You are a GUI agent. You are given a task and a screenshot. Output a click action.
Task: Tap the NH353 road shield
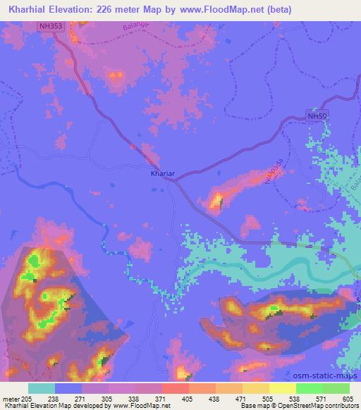tap(51, 25)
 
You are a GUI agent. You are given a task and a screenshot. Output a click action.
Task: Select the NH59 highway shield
tap(318, 114)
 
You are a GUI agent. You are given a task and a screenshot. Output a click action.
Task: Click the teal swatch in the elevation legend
tap(42, 388)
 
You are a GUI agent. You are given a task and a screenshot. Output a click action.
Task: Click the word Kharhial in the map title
tap(30, 9)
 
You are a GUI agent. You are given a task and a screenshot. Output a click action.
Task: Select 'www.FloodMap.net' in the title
tap(208, 9)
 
